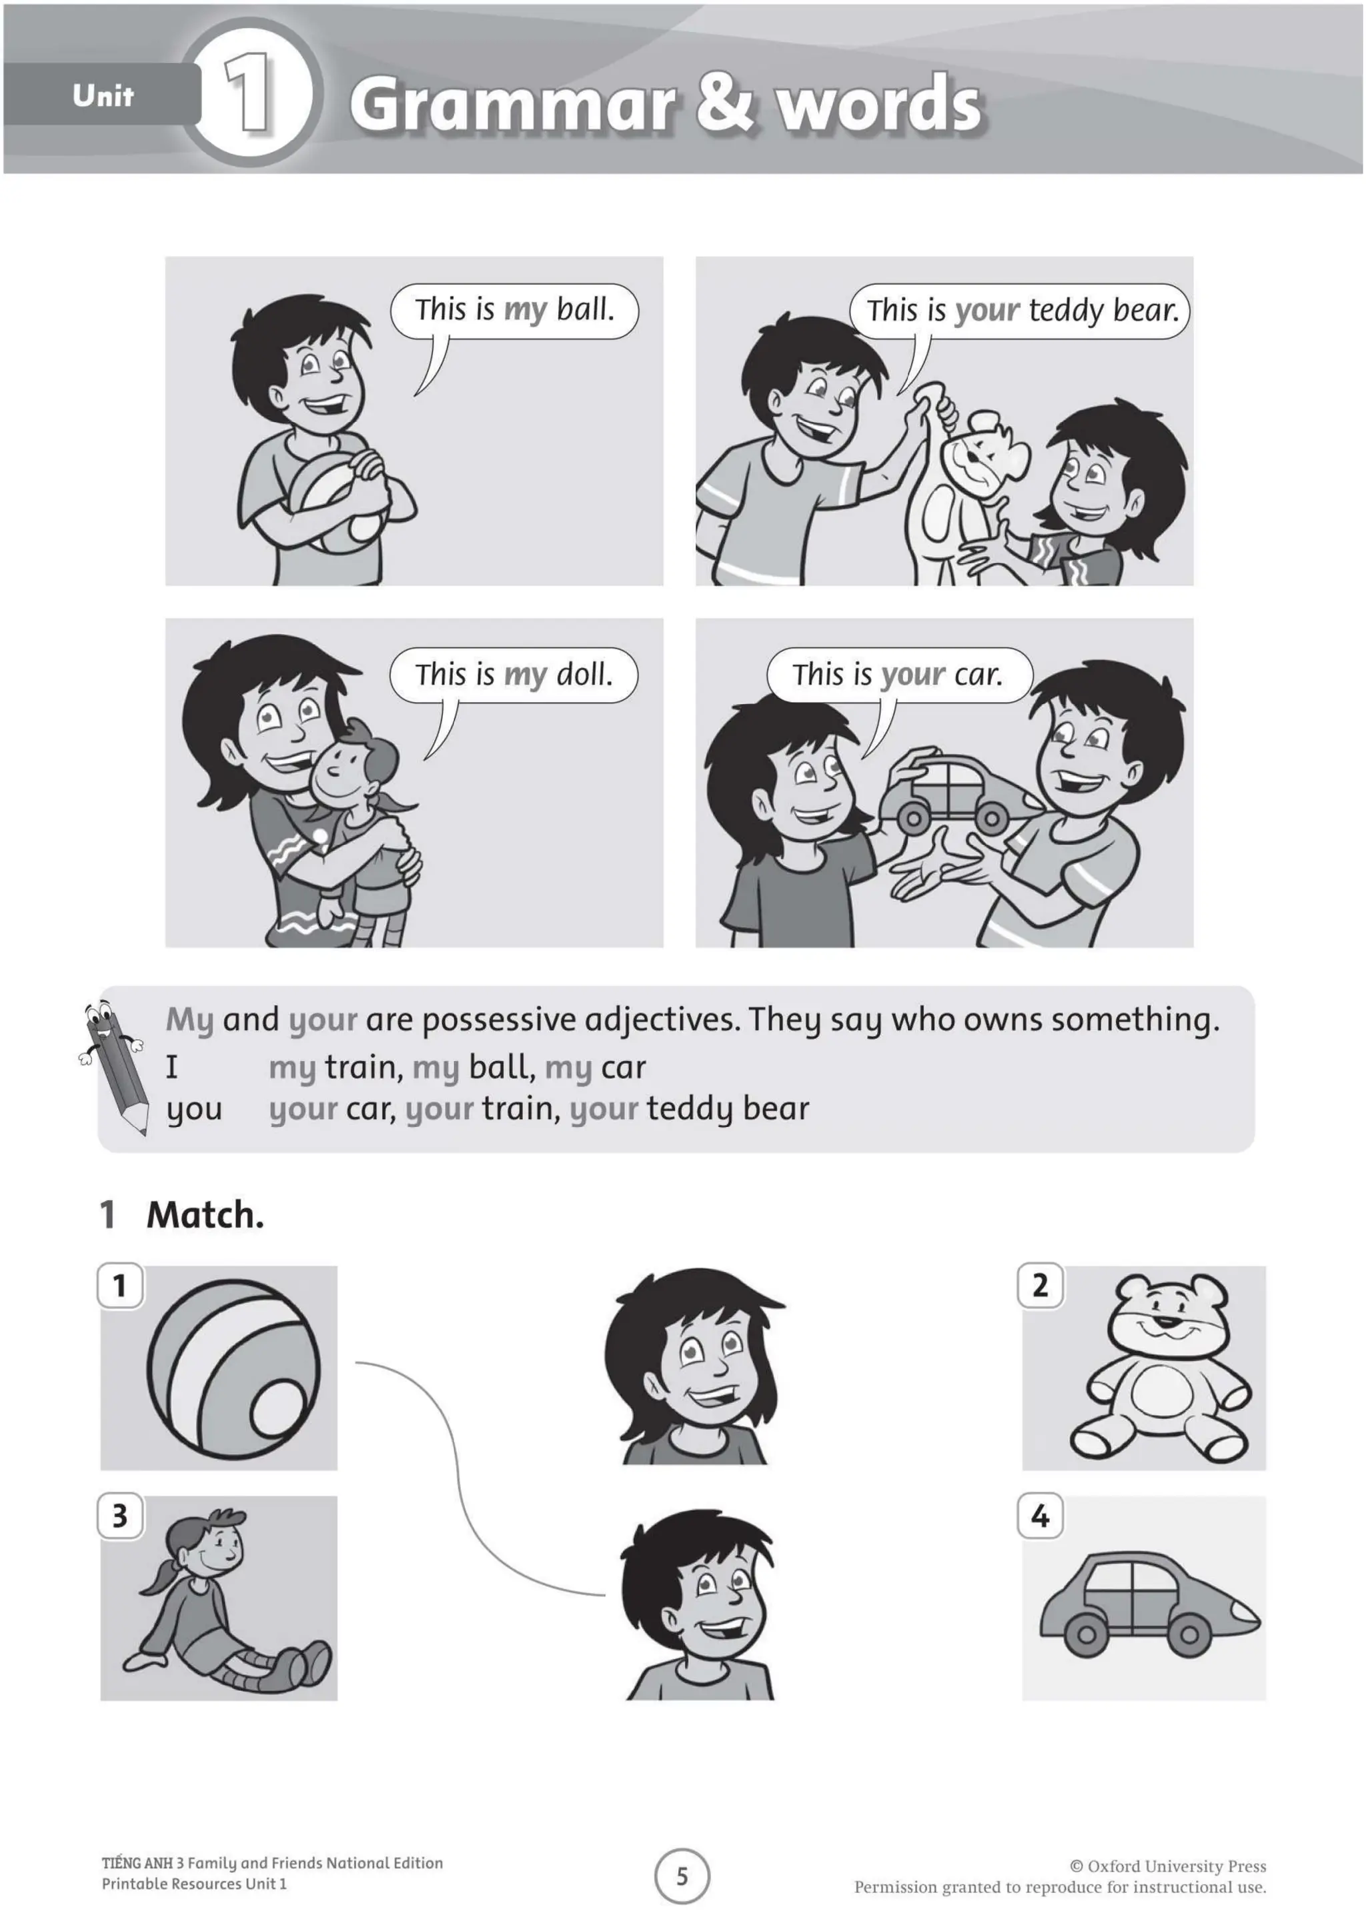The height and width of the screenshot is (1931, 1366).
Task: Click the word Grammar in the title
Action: click(512, 105)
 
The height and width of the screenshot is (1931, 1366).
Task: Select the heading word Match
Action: click(205, 1216)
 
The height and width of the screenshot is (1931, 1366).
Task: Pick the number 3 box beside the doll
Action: click(120, 1516)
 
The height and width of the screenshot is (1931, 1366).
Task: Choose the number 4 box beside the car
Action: click(1041, 1516)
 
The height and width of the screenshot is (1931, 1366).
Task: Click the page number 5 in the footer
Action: click(682, 1876)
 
